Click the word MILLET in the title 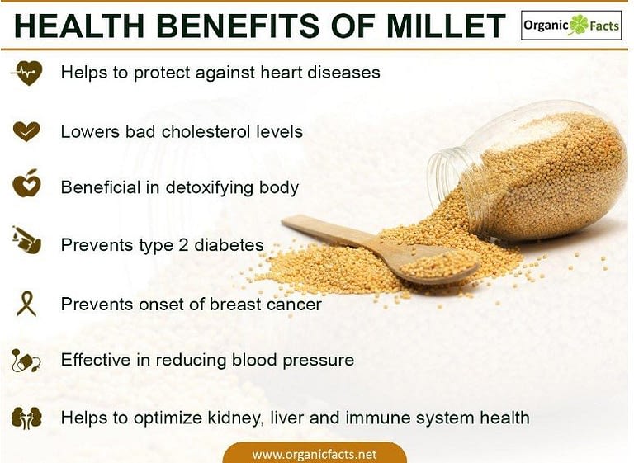click(x=445, y=26)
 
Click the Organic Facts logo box click(x=571, y=26)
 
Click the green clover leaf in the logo click(x=580, y=25)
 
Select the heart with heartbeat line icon click(x=26, y=73)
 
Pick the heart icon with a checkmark click(x=26, y=131)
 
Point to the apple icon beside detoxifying click(x=26, y=183)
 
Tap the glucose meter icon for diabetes click(x=26, y=239)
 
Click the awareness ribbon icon click(x=26, y=303)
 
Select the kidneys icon click(x=26, y=418)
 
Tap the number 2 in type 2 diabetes click(x=183, y=245)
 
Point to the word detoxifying click(x=210, y=188)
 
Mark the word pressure click(x=318, y=361)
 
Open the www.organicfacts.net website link click(x=315, y=454)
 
